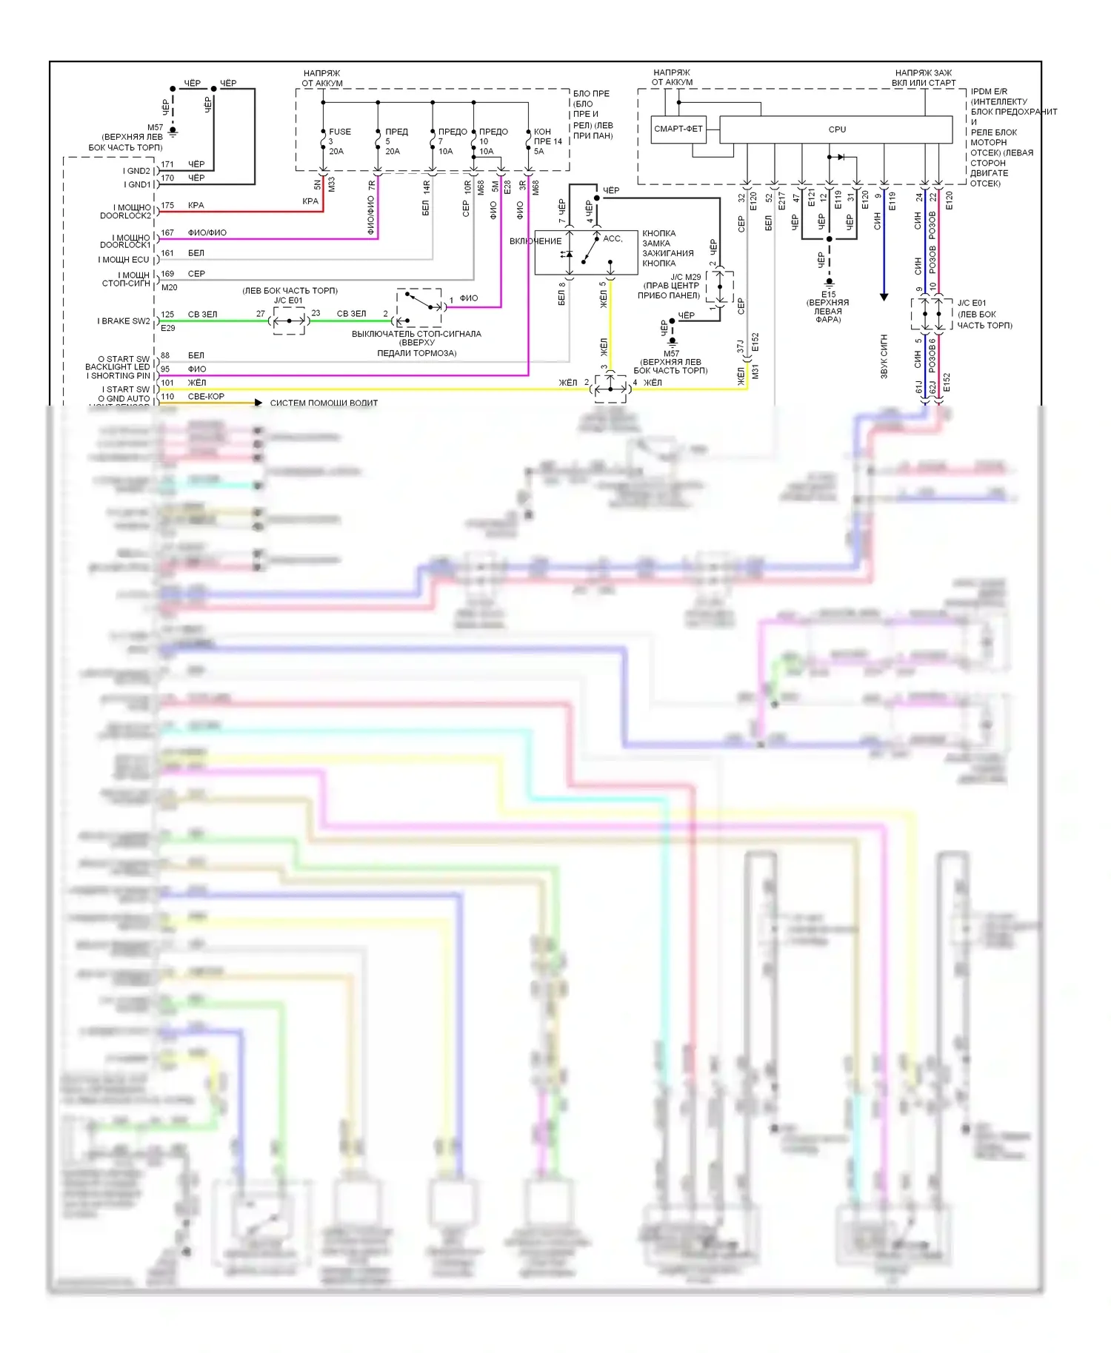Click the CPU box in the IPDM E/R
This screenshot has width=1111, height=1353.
click(x=836, y=130)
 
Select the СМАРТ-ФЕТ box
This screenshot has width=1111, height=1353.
click(x=678, y=129)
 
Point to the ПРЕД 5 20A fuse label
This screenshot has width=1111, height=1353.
click(x=395, y=141)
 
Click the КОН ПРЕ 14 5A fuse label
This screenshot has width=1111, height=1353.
click(x=547, y=141)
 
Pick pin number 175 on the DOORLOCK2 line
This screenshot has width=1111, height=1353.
click(x=168, y=206)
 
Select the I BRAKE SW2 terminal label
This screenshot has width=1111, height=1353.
click(x=123, y=321)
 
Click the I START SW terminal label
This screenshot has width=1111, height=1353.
click(x=125, y=389)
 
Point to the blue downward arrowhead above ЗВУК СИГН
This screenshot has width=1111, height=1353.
click(x=884, y=297)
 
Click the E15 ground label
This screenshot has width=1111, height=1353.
click(x=828, y=294)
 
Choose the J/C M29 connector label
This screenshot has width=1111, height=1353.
click(x=685, y=277)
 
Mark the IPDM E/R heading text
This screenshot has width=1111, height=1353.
click(x=989, y=92)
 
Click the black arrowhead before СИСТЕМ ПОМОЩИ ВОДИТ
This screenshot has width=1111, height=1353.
click(x=258, y=403)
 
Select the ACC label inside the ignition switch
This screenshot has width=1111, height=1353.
click(x=613, y=238)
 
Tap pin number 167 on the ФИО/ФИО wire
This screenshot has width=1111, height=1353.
click(x=168, y=233)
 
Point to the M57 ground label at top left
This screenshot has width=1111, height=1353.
click(x=155, y=127)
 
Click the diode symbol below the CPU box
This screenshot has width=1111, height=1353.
click(x=840, y=157)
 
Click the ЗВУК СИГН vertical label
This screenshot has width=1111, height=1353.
click(x=884, y=357)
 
